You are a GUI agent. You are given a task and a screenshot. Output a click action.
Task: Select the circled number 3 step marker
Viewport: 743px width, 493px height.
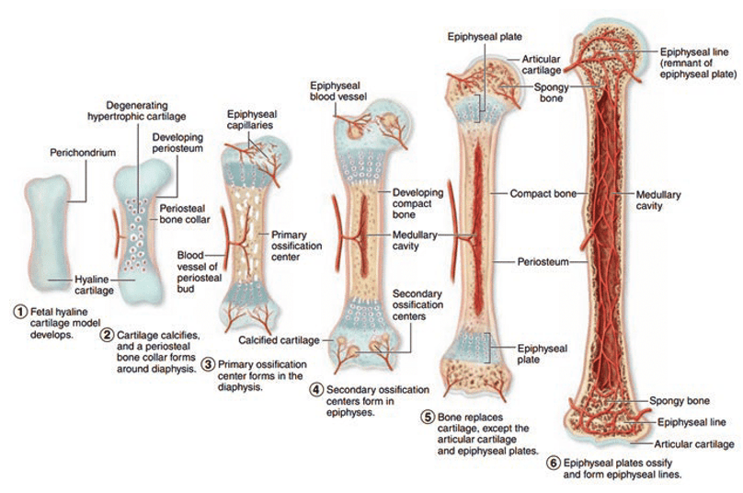pyautogui.click(x=210, y=365)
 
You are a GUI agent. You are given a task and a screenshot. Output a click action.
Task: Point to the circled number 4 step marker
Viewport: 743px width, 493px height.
pyautogui.click(x=316, y=389)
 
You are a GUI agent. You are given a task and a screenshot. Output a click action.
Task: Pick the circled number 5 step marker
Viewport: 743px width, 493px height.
pyautogui.click(x=429, y=416)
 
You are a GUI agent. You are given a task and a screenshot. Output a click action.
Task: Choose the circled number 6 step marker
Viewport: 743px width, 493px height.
pyautogui.click(x=552, y=463)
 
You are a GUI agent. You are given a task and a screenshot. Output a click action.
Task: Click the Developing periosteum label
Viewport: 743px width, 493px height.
pyautogui.click(x=177, y=144)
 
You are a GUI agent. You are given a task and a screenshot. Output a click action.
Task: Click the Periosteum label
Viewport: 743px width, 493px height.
pyautogui.click(x=543, y=261)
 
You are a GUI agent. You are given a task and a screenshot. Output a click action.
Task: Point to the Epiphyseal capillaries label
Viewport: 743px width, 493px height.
pyautogui.click(x=250, y=120)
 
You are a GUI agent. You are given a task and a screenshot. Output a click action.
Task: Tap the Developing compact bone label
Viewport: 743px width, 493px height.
pyautogui.click(x=417, y=204)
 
